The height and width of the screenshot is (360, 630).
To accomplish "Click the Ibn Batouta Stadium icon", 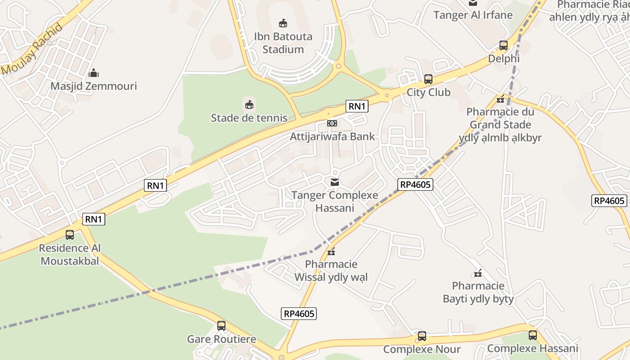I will (283, 23).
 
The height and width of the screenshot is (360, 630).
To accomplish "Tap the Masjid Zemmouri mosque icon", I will (94, 72).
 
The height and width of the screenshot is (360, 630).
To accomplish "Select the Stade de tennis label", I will (249, 118).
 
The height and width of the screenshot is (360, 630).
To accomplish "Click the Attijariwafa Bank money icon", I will (332, 123).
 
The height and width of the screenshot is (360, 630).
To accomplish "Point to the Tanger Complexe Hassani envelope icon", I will (335, 182).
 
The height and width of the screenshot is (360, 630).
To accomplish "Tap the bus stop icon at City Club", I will (428, 79).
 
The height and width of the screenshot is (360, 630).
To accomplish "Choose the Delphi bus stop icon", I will (504, 45).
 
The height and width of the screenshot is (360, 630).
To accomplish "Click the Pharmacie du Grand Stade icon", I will (500, 99).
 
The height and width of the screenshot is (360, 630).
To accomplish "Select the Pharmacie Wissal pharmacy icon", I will (332, 252).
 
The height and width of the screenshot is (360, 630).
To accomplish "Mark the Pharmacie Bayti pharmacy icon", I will (478, 273).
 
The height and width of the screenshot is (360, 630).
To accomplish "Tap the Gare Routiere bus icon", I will (221, 325).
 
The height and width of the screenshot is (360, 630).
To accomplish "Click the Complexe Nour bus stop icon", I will (422, 336).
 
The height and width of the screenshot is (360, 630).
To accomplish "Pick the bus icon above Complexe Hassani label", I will (533, 335).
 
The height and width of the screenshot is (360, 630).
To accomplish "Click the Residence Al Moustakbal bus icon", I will (70, 234).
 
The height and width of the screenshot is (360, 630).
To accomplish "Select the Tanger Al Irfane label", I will (473, 15).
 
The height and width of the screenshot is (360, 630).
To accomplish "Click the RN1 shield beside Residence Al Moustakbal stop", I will (94, 219).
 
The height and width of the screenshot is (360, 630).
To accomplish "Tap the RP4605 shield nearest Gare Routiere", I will (299, 314).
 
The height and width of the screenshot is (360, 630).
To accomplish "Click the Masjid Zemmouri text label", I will (94, 86).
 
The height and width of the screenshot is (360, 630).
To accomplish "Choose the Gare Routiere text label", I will (221, 339).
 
